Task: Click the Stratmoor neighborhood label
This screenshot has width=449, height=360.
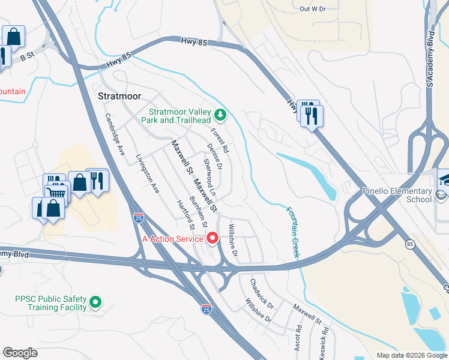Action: click(x=119, y=96)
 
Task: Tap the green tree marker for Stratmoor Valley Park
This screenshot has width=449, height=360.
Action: click(x=221, y=114)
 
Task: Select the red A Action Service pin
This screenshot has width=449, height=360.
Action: click(x=212, y=239)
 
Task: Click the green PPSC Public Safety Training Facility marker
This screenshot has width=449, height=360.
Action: click(x=95, y=303)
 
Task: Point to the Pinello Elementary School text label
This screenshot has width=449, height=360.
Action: click(x=397, y=195)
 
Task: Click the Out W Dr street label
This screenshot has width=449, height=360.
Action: click(x=312, y=9)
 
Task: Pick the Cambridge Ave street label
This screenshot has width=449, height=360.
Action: click(x=114, y=135)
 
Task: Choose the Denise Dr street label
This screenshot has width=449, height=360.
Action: click(x=214, y=156)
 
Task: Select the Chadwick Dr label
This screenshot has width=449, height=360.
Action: click(x=262, y=290)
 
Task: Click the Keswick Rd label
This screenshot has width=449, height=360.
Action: click(x=324, y=339)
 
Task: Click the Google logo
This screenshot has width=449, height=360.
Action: click(x=20, y=353)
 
